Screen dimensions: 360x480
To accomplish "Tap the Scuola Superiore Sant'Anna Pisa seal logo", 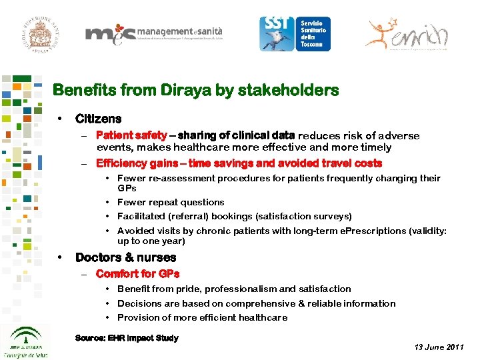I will coord(35,28).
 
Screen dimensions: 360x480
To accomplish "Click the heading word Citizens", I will coord(98,119).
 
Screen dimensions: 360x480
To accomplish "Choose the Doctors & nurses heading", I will coord(125,257).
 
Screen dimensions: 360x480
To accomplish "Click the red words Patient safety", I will coord(131,135).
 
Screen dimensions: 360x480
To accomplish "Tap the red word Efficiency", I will coord(121,163).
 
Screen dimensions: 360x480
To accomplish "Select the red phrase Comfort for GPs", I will coord(137,274).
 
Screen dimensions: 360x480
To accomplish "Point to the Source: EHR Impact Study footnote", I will coord(127,338).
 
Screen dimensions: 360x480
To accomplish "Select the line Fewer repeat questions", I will coord(171,202).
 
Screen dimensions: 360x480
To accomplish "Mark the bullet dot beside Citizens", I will coord(61,119).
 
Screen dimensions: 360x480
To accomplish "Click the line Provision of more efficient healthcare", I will coord(202,317).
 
